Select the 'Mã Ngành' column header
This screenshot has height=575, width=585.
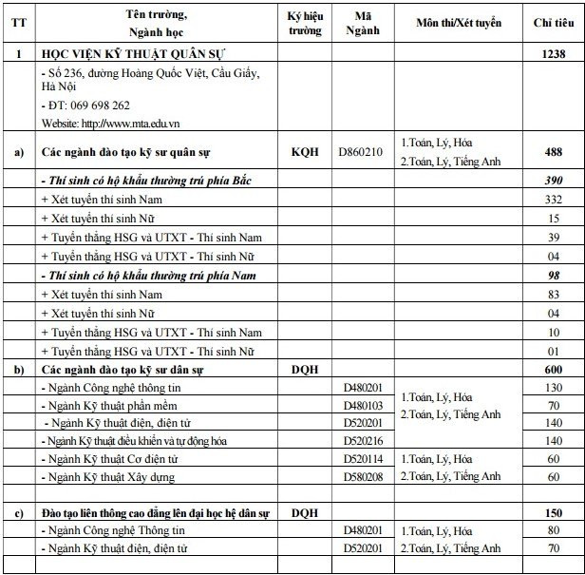pyautogui.click(x=362, y=23)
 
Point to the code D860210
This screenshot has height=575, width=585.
pyautogui.click(x=362, y=151)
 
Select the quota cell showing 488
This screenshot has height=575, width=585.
pyautogui.click(x=553, y=151)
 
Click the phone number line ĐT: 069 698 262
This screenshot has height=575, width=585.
pyautogui.click(x=86, y=105)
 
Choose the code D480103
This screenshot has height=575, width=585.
pyautogui.click(x=362, y=406)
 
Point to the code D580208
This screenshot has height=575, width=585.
pyautogui.click(x=362, y=476)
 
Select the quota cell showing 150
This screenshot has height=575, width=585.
pyautogui.click(x=553, y=513)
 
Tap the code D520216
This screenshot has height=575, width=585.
pyautogui.click(x=362, y=441)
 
